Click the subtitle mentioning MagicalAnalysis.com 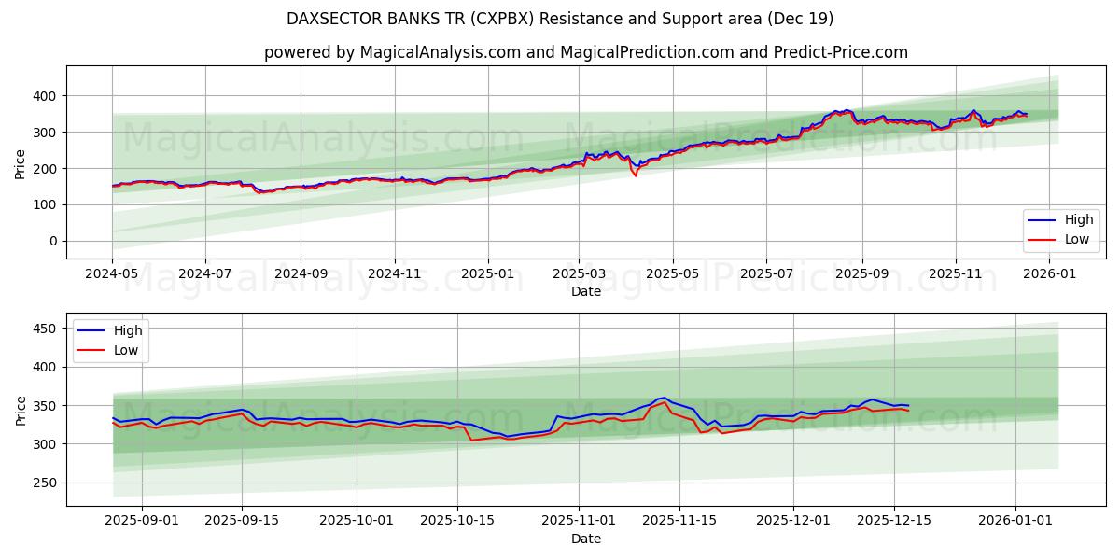(x=585, y=52)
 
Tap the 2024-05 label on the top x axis (x=112, y=274)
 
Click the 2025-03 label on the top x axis (x=580, y=274)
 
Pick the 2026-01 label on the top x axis (x=1049, y=274)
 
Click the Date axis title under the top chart (x=585, y=291)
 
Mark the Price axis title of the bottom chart (x=21, y=410)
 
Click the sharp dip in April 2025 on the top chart (x=636, y=175)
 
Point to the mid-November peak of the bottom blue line (x=664, y=398)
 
